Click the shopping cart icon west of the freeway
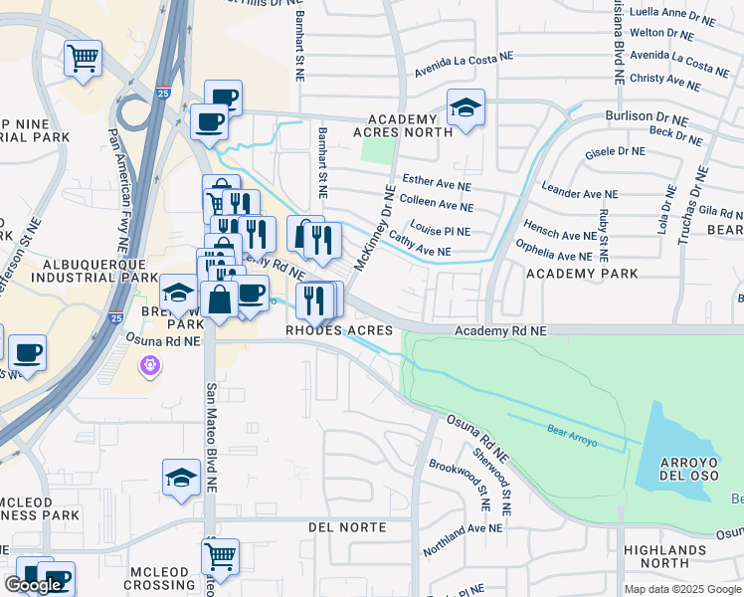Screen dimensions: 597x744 pos(83,57)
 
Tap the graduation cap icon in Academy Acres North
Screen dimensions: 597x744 pos(465,106)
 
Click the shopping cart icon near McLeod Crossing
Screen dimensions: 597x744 pos(220,556)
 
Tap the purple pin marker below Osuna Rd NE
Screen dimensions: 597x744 pos(149,366)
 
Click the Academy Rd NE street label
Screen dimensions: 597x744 pos(500,330)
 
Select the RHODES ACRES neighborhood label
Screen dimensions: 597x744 pos(339,330)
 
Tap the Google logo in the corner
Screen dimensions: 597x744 pos(34,585)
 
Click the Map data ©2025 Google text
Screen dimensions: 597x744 pos(682,589)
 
